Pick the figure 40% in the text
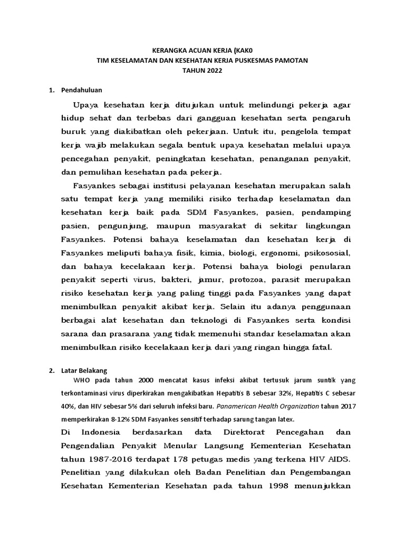point(68,407)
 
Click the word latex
point(282,419)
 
